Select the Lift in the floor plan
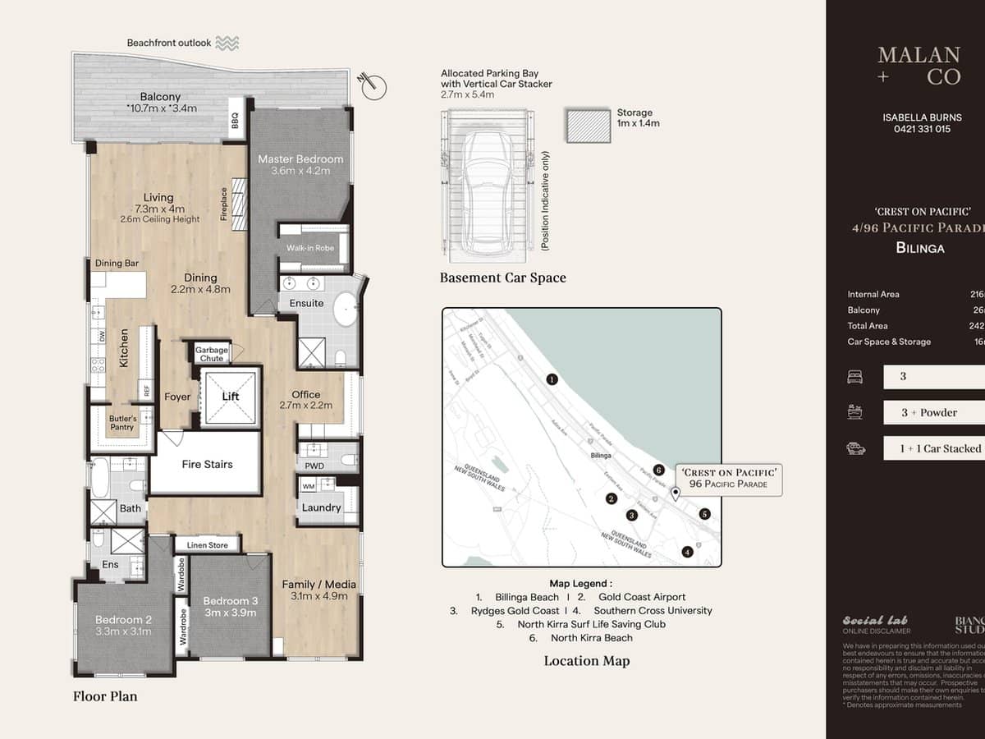231,397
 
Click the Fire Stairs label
207,464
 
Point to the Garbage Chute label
212,354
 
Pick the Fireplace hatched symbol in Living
238,204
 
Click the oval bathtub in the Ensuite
346,310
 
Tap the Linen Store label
208,544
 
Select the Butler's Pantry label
123,423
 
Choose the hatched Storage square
588,125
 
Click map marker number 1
552,379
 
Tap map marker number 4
687,552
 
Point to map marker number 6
658,470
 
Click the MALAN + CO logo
919,66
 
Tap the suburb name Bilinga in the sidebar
920,247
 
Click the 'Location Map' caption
587,661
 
